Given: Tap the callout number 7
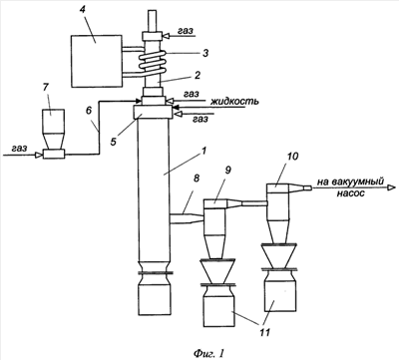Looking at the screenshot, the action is pos(46,88).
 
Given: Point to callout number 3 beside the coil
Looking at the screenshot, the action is pos(205,53).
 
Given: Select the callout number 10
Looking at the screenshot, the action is pos(293,156).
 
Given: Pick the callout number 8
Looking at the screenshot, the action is pos(197,179).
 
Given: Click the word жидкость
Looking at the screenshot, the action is pos(234,102).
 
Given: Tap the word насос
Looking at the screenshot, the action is pos(352,193).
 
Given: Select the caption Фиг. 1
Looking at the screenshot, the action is pos(208,352).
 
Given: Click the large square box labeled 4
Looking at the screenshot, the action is pos(96,61).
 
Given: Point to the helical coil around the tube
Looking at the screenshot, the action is pos(153,64).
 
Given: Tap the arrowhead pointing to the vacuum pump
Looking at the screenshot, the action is pos(390,187).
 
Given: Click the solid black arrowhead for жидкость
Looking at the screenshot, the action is pos(176,107).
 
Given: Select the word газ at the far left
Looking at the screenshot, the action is pos(19,149).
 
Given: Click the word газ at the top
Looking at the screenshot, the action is pos(186,31).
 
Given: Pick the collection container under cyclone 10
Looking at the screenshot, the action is pos(281,290).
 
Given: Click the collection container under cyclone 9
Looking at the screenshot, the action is pos(219,306).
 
